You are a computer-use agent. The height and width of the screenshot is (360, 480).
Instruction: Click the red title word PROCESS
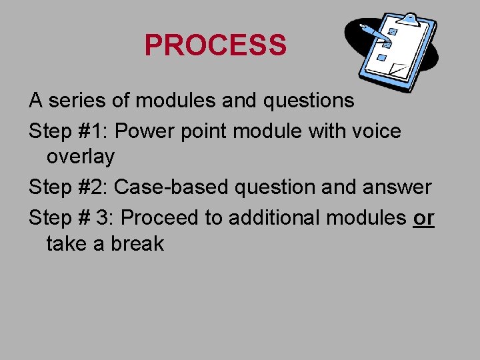pos(215,45)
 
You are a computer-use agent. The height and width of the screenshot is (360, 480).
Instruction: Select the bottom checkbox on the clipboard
pos(382,59)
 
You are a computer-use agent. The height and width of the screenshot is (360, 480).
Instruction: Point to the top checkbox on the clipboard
pos(393,31)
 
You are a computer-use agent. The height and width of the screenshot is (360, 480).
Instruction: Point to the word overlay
pos(80,157)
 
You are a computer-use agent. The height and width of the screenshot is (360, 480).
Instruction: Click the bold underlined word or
pos(423,217)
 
